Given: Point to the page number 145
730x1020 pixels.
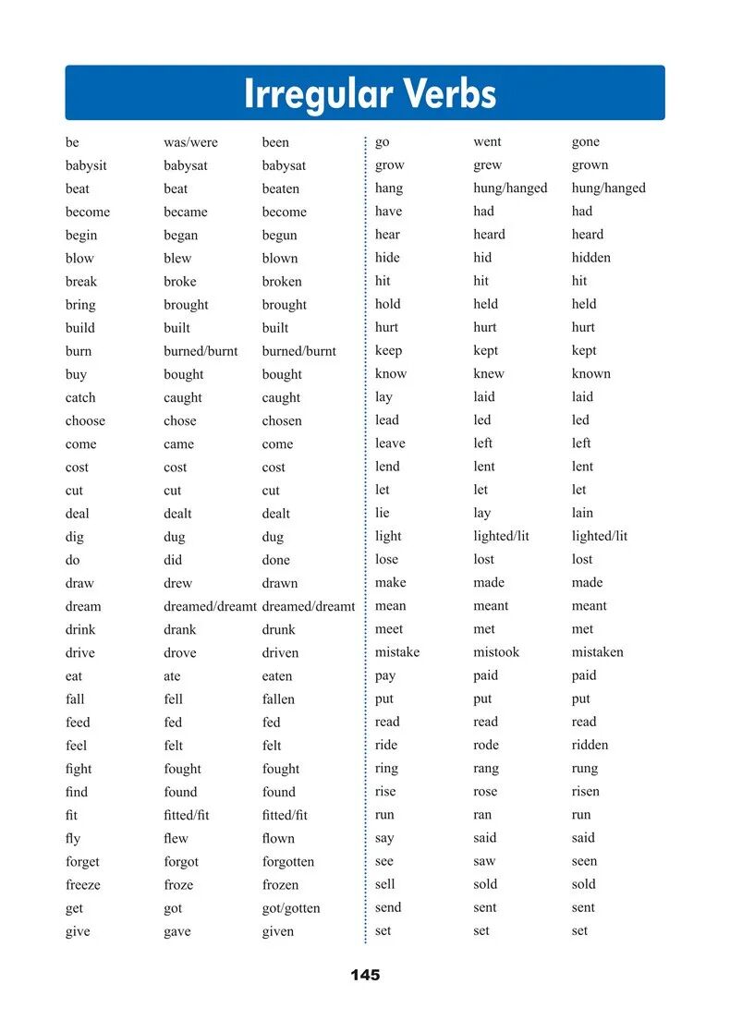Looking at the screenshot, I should (365, 975).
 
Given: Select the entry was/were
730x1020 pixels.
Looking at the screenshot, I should (190, 142).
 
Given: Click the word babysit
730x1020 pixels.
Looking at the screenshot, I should (86, 165).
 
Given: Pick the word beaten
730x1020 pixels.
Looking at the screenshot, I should (280, 188).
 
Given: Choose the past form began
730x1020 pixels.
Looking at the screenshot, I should (181, 236).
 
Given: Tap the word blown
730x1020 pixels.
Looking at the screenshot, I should (279, 259).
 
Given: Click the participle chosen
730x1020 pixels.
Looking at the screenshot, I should (281, 420).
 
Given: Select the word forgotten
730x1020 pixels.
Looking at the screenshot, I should (287, 861).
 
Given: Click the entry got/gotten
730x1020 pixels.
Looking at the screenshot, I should (290, 908).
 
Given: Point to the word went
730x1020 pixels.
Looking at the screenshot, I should (487, 141).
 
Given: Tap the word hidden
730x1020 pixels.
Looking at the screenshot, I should (590, 258).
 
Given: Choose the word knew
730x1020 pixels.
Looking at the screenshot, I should (488, 373).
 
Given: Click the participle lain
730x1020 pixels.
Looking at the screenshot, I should (582, 513).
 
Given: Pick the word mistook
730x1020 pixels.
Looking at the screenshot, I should (496, 652).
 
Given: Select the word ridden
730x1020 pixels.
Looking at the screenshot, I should (590, 745).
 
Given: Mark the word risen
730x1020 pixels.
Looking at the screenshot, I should (585, 791).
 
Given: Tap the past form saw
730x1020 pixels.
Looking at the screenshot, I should (484, 861).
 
